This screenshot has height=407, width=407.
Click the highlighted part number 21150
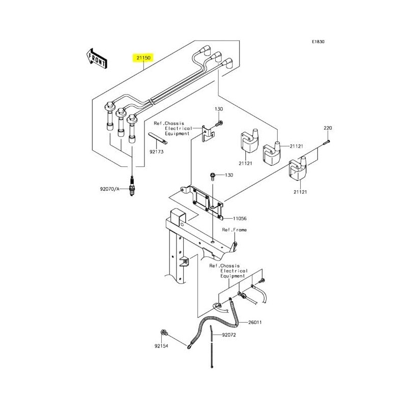click(143, 58)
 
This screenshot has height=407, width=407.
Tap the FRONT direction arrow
click(97, 59)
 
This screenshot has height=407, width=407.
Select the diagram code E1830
click(318, 42)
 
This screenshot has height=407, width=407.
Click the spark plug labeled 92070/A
click(132, 186)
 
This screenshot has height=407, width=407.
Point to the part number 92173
click(157, 152)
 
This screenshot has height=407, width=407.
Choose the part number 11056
click(240, 219)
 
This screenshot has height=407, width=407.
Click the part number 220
click(328, 128)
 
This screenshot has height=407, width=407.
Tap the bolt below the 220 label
click(326, 142)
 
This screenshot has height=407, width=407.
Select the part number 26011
click(255, 323)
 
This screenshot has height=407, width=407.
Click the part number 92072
click(228, 335)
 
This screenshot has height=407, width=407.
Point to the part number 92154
click(161, 346)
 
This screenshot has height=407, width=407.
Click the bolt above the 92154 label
click(164, 332)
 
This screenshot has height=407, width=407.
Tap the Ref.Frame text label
click(234, 230)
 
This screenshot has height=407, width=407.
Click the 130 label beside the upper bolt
click(219, 109)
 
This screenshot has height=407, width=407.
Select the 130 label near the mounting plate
click(229, 175)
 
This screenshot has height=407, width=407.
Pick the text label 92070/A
click(109, 189)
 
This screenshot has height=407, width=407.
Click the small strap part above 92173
click(158, 138)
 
